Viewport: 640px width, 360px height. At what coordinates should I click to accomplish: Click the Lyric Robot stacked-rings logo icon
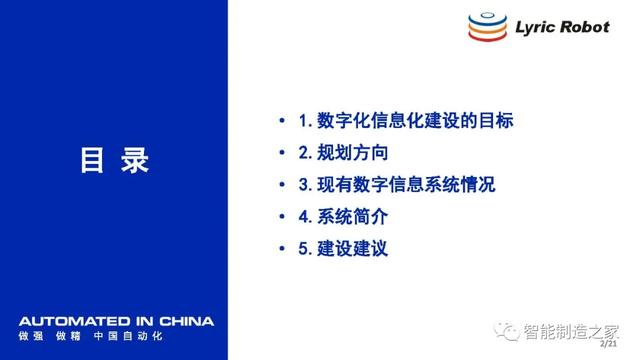(487, 27)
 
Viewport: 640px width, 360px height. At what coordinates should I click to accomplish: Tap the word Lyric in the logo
(535, 28)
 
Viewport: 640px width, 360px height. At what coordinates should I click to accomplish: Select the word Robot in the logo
(585, 27)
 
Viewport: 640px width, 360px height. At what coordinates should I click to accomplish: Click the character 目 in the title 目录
(92, 160)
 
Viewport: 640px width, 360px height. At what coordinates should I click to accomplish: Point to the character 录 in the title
(135, 160)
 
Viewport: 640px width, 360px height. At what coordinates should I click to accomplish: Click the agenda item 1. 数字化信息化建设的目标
(406, 120)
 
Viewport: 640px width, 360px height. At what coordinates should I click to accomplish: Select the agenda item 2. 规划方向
(343, 153)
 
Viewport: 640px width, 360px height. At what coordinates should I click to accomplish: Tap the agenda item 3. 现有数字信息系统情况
(397, 184)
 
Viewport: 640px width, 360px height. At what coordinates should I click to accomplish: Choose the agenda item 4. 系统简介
(343, 216)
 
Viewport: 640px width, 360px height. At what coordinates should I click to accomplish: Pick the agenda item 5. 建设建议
(343, 249)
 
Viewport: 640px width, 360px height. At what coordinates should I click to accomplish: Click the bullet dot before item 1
(282, 120)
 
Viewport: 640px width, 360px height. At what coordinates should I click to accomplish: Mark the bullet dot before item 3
(282, 184)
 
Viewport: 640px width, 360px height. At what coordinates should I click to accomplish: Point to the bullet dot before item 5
(282, 248)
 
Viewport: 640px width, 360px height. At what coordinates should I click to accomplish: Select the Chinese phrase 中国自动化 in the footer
(128, 336)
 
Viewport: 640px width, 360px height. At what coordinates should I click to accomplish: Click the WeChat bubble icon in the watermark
(506, 331)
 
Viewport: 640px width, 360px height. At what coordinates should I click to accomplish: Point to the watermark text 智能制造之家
(571, 331)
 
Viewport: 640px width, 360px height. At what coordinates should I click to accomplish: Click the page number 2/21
(608, 344)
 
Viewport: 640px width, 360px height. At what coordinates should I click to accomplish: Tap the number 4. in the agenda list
(305, 217)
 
